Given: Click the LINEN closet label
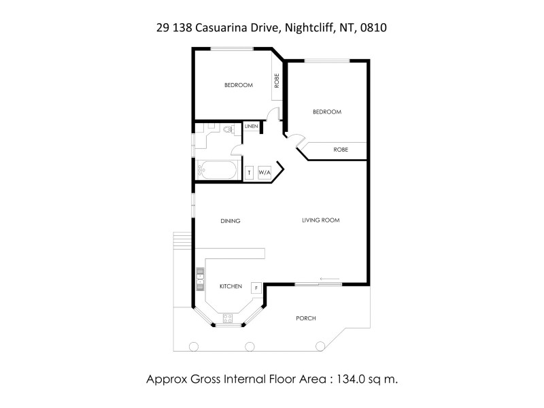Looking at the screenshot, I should coord(251,126).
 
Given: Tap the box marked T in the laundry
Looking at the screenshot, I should coord(250,173).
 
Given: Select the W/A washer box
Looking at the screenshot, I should coord(265,173).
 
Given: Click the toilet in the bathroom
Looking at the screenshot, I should coord(228,128).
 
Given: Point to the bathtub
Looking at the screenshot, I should coord(216,171).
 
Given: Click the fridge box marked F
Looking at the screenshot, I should coord(256,288).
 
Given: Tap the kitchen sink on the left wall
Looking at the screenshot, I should coord(201,277).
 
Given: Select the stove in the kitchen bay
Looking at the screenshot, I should coord(228,317).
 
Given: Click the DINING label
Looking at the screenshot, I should coord(231,221).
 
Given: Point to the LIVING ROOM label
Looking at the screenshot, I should coord(321,220).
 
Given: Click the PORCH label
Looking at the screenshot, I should coord(306,318).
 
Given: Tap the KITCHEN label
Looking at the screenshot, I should coord(231,287).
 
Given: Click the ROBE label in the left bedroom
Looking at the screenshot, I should coord(277,82).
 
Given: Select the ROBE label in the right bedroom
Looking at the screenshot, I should coord(341,150).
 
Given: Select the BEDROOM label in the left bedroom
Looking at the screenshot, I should coord(239,85).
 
